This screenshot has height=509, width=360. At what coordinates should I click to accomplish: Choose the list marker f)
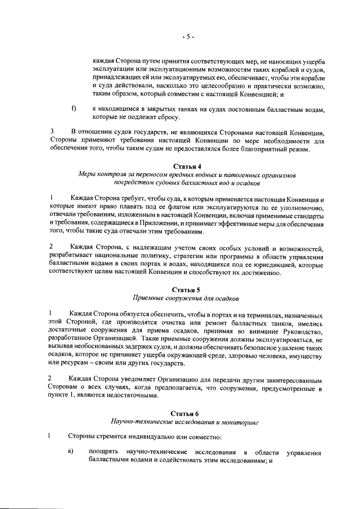(73, 107)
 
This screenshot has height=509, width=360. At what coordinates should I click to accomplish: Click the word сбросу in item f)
(166, 118)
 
